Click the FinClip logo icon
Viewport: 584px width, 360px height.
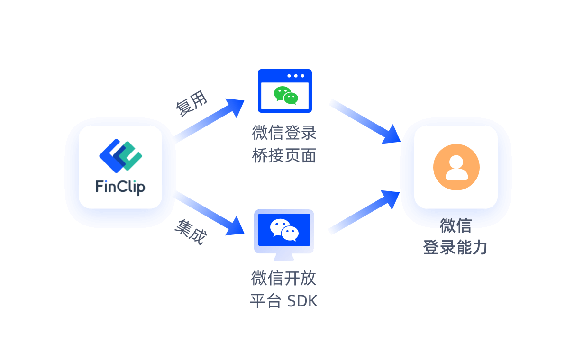pos(120,154)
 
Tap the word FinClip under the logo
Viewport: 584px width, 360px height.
pos(120,186)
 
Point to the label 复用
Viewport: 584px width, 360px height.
pos(192,104)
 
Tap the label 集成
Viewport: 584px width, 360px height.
pos(191,232)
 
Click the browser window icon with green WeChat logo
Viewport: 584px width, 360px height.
pos(284,91)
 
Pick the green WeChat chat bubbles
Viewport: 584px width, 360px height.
pos(286,95)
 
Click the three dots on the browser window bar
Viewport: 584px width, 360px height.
pos(296,76)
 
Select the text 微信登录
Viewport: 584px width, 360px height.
pos(284,133)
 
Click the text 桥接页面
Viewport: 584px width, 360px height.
pos(284,156)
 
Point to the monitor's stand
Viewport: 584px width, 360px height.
pos(284,257)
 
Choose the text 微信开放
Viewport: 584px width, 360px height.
pos(283,278)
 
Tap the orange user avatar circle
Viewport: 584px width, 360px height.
pos(456,167)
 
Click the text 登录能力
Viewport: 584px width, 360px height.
pos(455,247)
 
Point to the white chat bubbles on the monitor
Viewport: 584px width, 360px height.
pos(284,230)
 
